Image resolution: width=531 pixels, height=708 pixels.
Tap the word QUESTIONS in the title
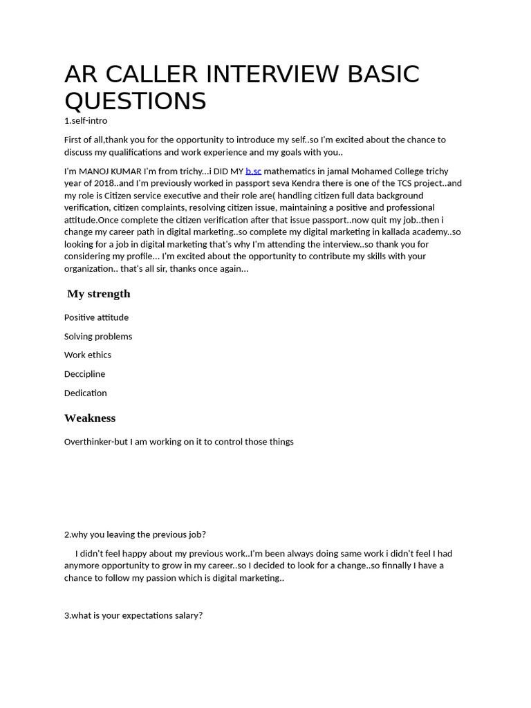point(136,101)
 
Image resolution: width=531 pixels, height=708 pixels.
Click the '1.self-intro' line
point(86,120)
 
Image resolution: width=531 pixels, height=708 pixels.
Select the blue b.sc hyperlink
point(253,171)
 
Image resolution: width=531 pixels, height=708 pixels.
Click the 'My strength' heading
point(99,294)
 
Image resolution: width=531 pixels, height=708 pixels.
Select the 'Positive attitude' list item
point(96,317)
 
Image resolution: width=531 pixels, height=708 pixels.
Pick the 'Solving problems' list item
point(98,336)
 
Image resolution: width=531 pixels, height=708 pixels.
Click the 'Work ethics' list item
point(88,355)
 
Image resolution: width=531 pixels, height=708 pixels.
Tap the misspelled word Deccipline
point(85,374)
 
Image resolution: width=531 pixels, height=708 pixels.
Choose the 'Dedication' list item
point(86,393)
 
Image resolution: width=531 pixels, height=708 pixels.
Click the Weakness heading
point(90,418)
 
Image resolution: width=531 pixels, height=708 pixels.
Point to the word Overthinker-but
point(96,441)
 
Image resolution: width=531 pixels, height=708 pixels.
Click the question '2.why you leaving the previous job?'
point(135,534)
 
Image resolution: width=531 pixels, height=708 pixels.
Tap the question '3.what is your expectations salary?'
point(133,615)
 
